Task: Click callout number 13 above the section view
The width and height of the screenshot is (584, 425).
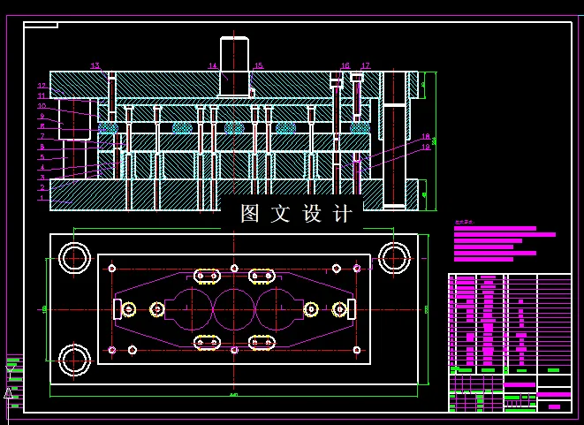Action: (95, 66)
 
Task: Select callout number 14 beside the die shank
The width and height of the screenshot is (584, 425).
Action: (213, 66)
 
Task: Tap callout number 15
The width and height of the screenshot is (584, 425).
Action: (258, 66)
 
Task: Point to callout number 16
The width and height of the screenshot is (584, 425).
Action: (345, 66)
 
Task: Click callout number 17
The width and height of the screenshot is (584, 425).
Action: (365, 66)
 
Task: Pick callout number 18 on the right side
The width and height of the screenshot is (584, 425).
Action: (425, 137)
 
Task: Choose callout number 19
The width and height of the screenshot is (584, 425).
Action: (425, 148)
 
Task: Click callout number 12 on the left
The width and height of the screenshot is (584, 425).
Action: (41, 86)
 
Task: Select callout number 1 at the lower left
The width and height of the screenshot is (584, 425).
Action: (41, 198)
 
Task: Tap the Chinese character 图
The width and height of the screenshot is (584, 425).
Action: (251, 214)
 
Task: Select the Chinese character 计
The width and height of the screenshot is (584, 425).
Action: (345, 214)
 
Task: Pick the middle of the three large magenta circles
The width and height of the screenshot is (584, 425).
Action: (234, 308)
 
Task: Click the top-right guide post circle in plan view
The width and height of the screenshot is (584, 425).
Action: (393, 258)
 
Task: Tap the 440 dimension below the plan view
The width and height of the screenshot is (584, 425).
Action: (233, 395)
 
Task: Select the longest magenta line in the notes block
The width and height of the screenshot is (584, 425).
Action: (504, 235)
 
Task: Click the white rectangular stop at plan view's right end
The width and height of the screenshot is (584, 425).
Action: (352, 308)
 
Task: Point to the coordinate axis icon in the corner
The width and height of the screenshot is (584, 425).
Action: (10, 391)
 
